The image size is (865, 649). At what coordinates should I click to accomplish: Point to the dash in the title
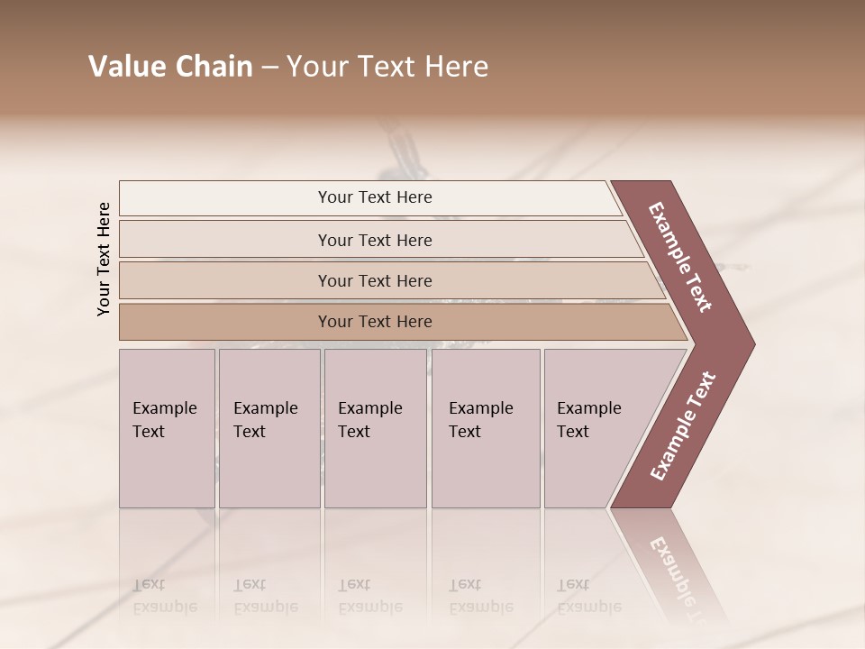[269, 68]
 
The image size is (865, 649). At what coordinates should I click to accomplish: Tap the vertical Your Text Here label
[104, 259]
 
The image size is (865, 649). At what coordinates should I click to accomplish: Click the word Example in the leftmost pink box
[164, 408]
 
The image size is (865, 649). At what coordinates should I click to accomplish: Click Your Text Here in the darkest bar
[375, 322]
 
